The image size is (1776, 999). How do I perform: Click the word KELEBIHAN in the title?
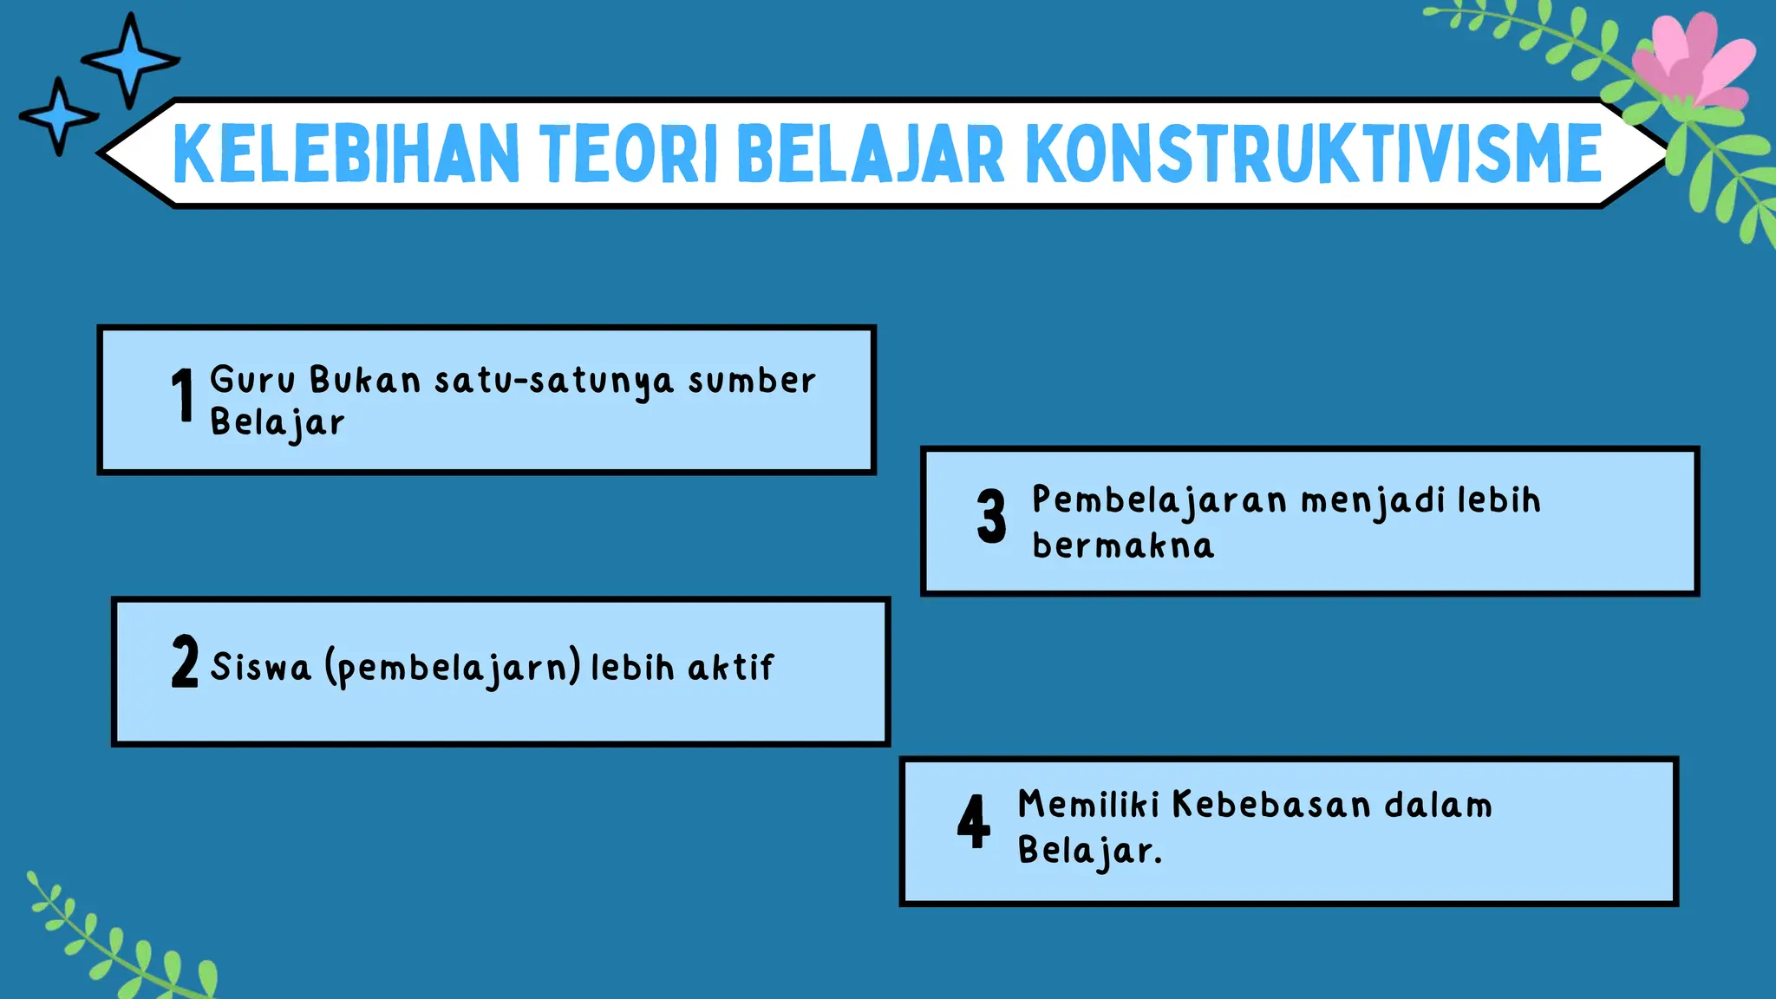point(345,154)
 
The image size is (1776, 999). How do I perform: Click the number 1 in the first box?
point(182,395)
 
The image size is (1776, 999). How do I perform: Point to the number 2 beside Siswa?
point(185,662)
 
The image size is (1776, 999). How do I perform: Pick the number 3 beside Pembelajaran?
point(991,516)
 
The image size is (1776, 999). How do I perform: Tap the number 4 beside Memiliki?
point(973,821)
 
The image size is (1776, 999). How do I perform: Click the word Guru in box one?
point(252,380)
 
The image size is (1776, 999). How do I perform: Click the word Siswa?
point(260,667)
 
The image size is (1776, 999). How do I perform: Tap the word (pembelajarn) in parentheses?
point(453,668)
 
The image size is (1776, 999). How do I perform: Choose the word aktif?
point(730,667)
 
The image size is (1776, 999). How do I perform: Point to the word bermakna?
point(1123,546)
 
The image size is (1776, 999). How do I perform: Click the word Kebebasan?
point(1270,805)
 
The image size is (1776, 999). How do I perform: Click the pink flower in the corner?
point(1691,65)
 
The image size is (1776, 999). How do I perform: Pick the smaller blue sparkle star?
point(58,116)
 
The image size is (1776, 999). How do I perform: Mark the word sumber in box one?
point(752,381)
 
